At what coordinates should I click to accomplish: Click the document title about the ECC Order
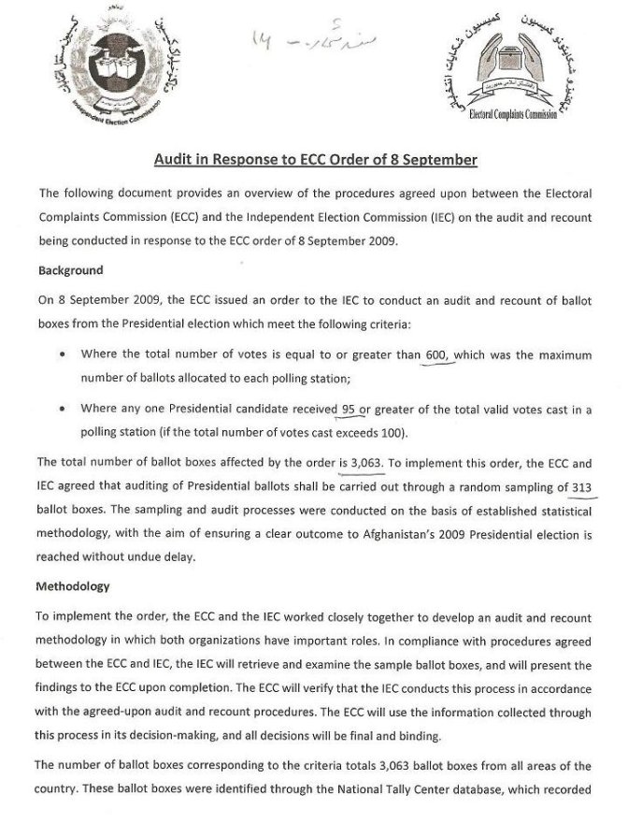(315, 160)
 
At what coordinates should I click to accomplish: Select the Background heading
(70, 270)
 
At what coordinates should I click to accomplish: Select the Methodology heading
(74, 586)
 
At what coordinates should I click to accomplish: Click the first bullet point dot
(62, 355)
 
